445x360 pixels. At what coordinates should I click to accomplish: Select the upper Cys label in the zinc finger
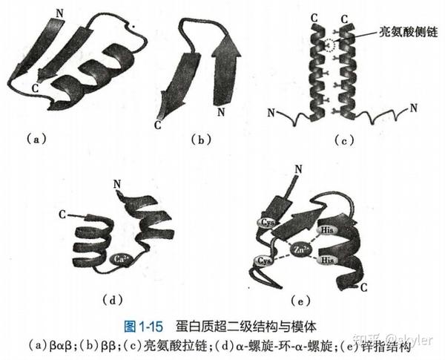point(267,222)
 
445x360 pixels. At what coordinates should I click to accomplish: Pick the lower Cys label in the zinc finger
point(263,261)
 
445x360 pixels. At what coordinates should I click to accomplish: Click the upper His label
point(326,229)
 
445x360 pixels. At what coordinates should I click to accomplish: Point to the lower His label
point(327,260)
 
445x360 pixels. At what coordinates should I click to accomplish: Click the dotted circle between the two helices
point(329,45)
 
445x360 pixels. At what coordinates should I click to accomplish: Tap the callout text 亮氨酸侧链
point(409,32)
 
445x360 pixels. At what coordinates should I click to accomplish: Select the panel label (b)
point(201,140)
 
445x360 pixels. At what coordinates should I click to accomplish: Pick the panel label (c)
point(344,140)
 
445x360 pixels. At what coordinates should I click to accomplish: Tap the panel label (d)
point(113,299)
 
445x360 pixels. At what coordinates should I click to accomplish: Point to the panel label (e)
point(301,301)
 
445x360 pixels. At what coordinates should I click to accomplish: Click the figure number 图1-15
point(144,327)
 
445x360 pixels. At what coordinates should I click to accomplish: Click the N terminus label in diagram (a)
point(59,13)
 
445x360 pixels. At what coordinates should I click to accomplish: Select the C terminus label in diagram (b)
point(158,125)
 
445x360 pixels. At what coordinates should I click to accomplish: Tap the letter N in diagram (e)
point(299,170)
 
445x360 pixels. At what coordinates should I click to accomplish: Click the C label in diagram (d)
point(62,215)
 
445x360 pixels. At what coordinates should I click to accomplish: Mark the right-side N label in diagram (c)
point(414,108)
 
